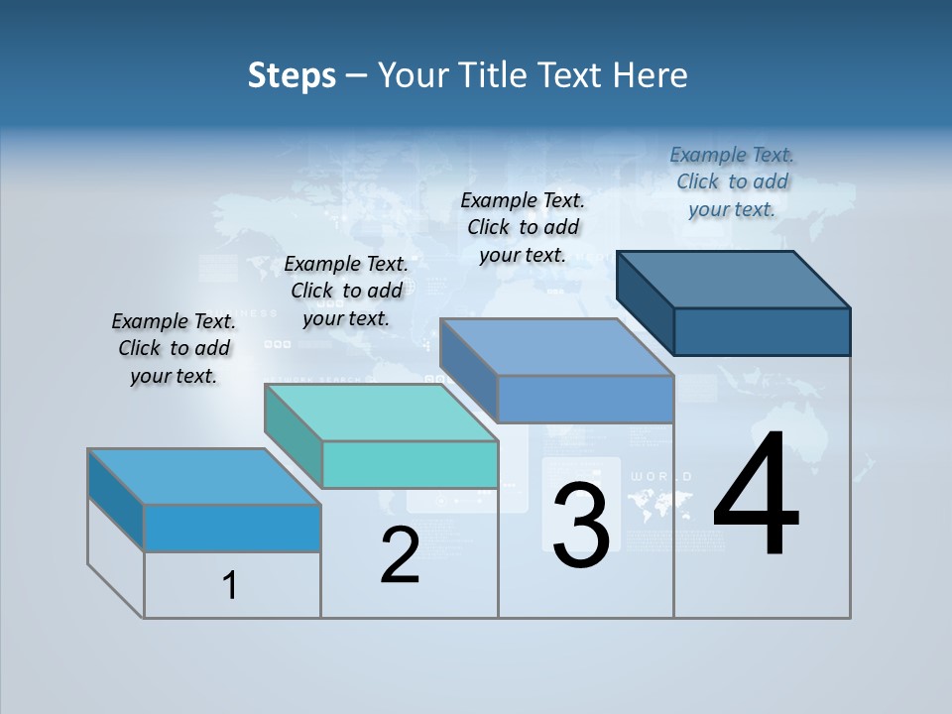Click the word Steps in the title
tap(292, 75)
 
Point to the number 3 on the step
tap(580, 525)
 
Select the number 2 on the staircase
tap(400, 554)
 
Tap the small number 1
tap(230, 585)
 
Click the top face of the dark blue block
tap(734, 279)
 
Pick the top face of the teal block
tap(382, 412)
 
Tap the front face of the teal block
tap(410, 464)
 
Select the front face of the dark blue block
tap(762, 331)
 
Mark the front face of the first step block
tap(232, 528)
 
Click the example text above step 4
tap(732, 181)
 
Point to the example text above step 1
tap(174, 348)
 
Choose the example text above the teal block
tap(346, 291)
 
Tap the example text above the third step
tap(523, 227)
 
